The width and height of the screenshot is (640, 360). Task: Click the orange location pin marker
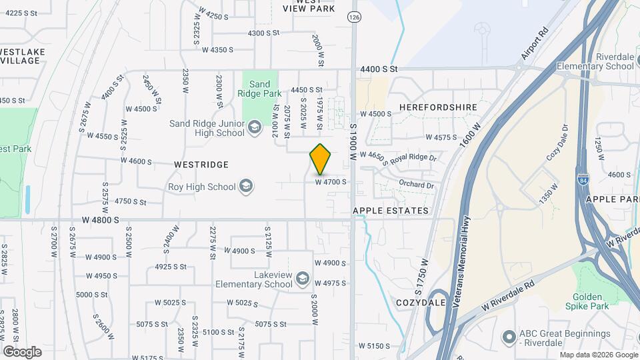tap(321, 159)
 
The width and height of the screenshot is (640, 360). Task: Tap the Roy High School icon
tap(246, 187)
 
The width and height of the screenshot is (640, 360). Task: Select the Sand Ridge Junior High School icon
tap(254, 127)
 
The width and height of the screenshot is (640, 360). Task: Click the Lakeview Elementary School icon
tap(302, 278)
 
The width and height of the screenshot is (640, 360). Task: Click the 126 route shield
tap(354, 16)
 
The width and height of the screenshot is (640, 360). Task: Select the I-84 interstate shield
tap(584, 179)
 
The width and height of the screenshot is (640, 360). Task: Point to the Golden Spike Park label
tap(587, 301)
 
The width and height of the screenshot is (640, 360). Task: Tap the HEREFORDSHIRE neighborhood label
tap(439, 107)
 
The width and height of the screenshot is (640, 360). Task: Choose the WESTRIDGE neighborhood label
tap(201, 164)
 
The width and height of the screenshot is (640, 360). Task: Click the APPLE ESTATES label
tap(391, 211)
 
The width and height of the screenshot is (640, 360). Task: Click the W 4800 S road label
tap(101, 219)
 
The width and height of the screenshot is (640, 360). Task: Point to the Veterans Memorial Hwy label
tap(463, 261)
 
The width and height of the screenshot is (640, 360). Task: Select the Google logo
tap(22, 351)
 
